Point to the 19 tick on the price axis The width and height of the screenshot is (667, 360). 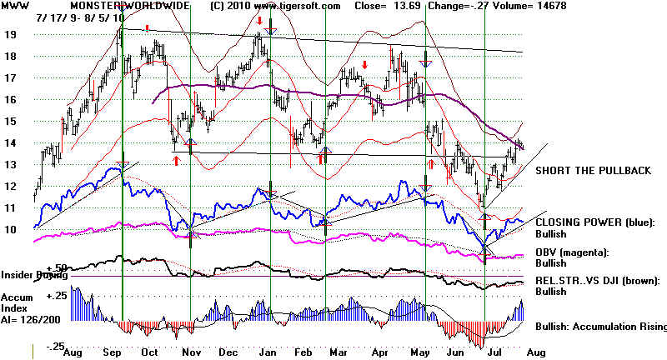[12, 35]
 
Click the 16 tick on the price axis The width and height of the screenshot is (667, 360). [12, 100]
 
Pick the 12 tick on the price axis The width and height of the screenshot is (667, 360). [12, 186]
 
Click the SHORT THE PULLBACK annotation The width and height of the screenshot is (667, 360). [594, 171]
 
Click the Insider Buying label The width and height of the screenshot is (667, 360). [32, 274]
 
